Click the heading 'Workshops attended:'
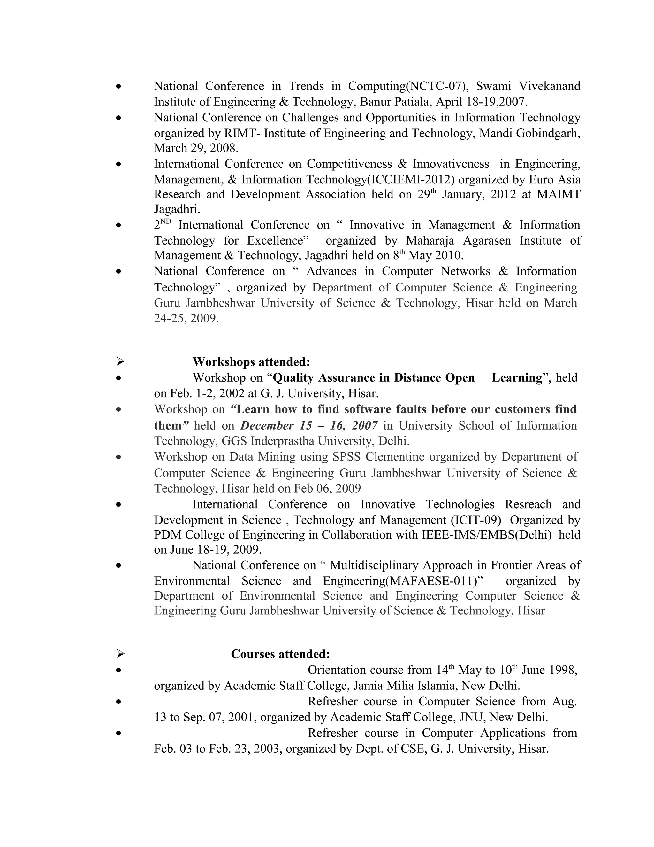[x=251, y=362]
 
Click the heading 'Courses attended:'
[x=280, y=654]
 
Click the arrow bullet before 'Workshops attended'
[x=120, y=362]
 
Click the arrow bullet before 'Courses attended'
[x=120, y=654]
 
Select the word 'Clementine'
[x=395, y=457]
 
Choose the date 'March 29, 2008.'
[x=196, y=148]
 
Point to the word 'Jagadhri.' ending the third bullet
[x=177, y=209]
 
